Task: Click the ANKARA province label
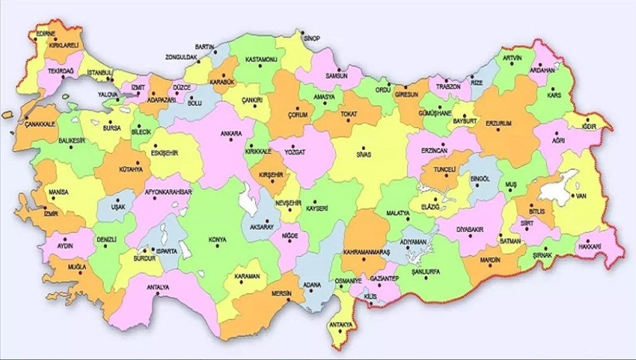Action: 230,133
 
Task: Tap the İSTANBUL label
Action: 100,73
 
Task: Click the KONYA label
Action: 217,240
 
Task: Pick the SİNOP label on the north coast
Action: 311,37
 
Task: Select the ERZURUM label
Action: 498,123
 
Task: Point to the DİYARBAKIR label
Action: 475,230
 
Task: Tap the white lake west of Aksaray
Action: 249,204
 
